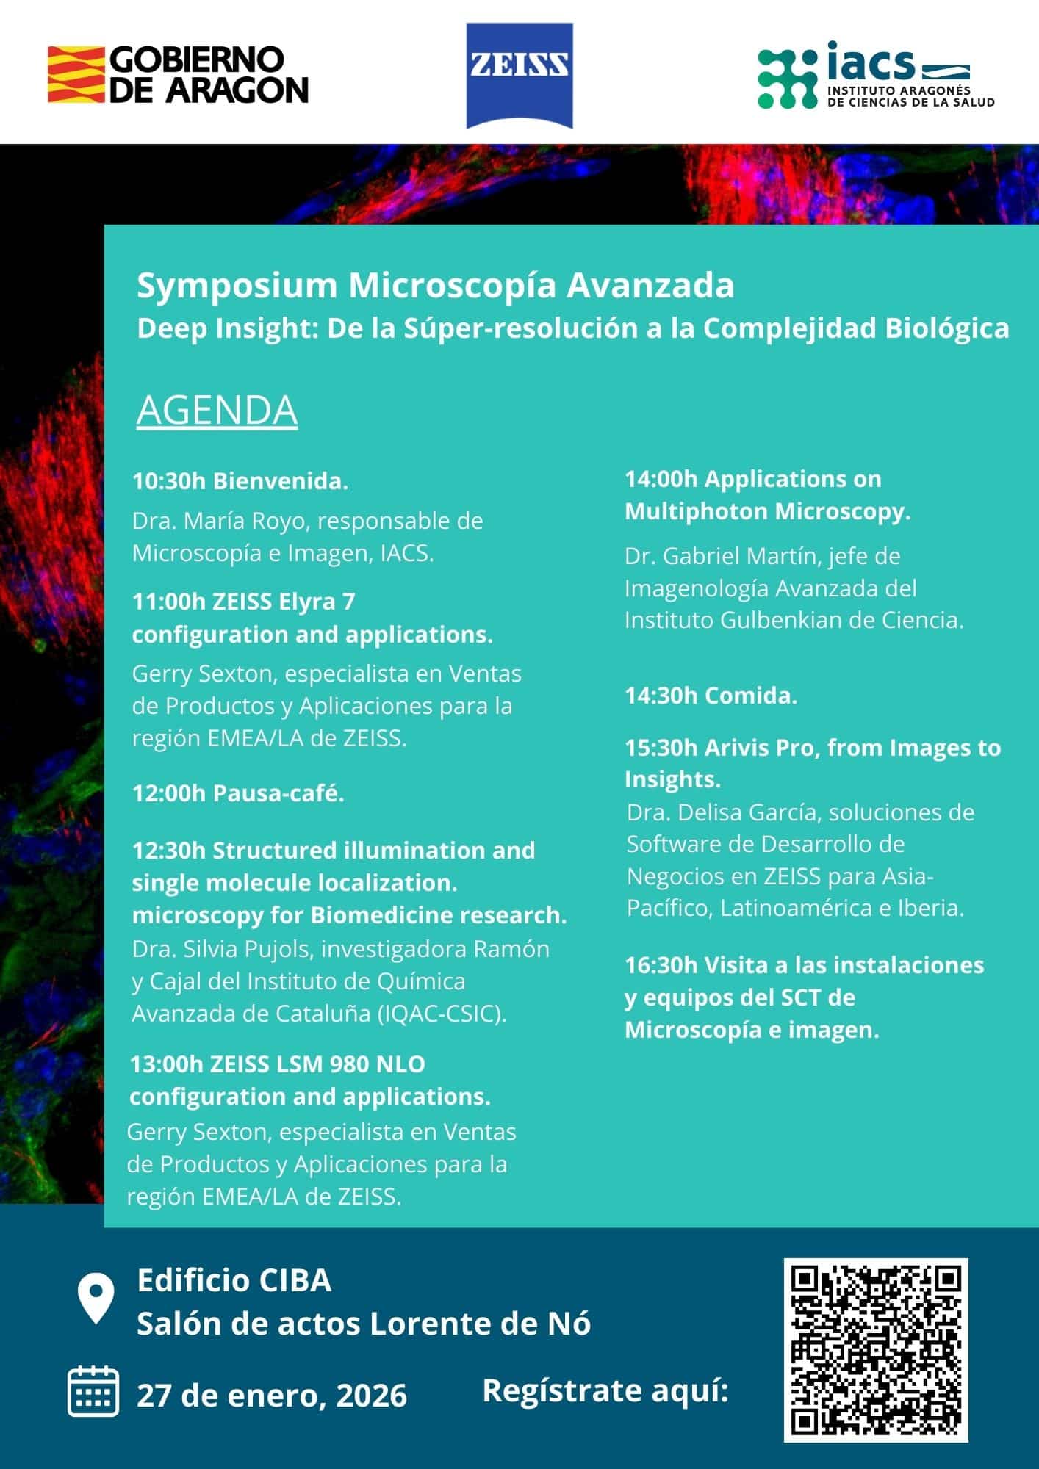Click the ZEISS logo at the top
tap(519, 76)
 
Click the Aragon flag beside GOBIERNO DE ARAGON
tap(76, 74)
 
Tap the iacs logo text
tap(870, 62)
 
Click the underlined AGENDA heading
tap(217, 410)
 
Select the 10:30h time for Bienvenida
tap(169, 482)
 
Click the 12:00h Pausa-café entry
tap(238, 793)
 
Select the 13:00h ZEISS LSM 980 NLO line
tap(277, 1064)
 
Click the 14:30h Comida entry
tap(711, 696)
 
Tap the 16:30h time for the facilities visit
tap(661, 965)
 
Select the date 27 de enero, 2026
tap(272, 1396)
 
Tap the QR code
tap(876, 1349)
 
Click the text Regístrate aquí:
tap(605, 1390)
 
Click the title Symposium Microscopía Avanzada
tap(435, 286)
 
